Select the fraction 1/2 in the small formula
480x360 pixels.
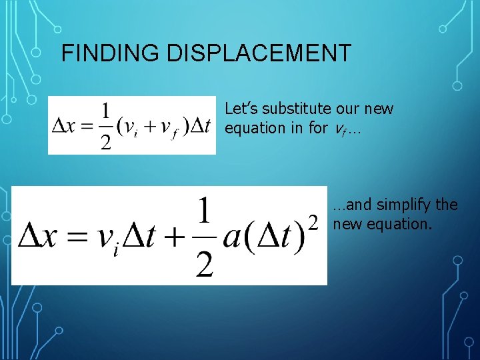105,126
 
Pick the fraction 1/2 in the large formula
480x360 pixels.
205,237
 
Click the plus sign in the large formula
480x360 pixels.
176,237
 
